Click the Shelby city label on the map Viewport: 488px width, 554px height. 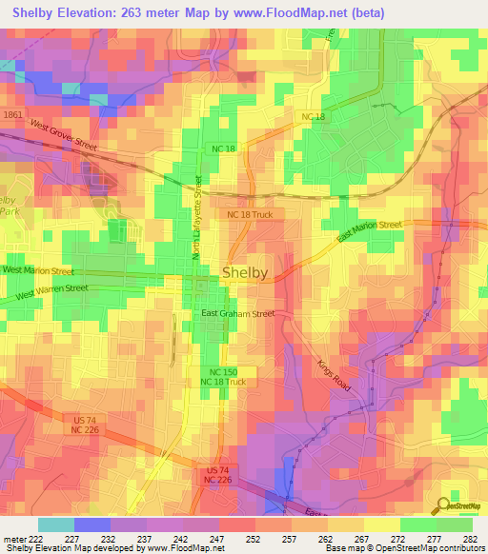pos(245,272)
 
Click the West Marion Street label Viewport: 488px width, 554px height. pos(37,271)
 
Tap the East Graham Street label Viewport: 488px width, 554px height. pos(236,313)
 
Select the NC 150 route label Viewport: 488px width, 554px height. pos(223,371)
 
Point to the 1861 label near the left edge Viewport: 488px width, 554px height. pos(12,114)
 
